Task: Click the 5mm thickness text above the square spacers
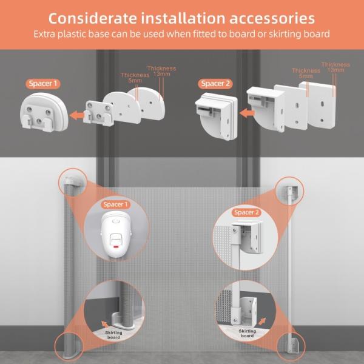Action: tap(306, 75)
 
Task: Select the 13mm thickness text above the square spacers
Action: tap(335, 67)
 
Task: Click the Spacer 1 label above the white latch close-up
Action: tap(116, 205)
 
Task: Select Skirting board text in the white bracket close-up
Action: tap(246, 333)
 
